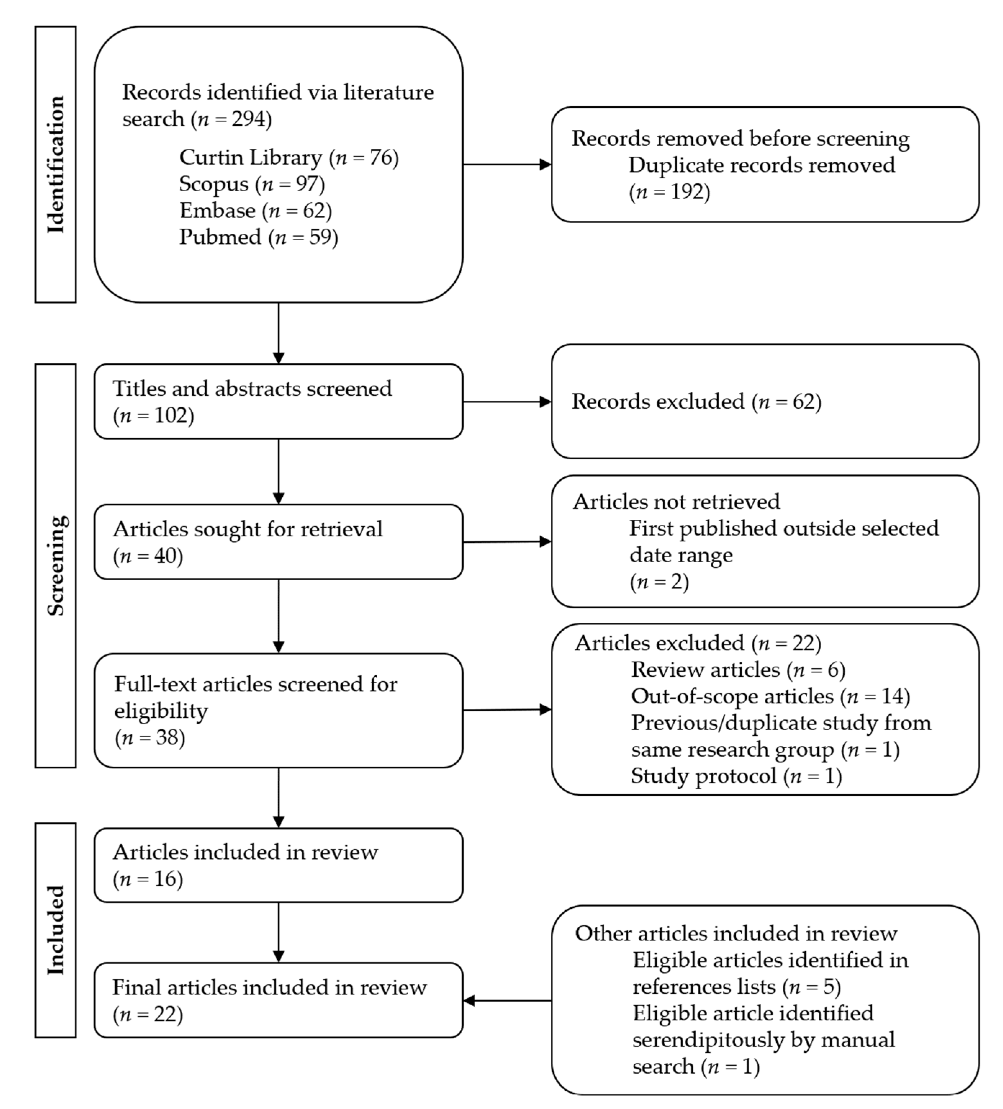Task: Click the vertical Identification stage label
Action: pos(55,164)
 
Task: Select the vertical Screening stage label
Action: pos(55,565)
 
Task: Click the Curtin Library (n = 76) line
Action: pos(289,157)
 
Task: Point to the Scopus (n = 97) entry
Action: pos(252,184)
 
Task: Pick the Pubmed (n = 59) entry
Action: pos(258,237)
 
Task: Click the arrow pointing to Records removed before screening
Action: pos(506,164)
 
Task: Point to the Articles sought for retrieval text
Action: pos(247,529)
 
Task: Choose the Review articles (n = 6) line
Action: pos(738,670)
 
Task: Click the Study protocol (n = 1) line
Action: pos(736,775)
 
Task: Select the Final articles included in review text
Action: pos(269,987)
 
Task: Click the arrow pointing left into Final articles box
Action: pos(506,1001)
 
